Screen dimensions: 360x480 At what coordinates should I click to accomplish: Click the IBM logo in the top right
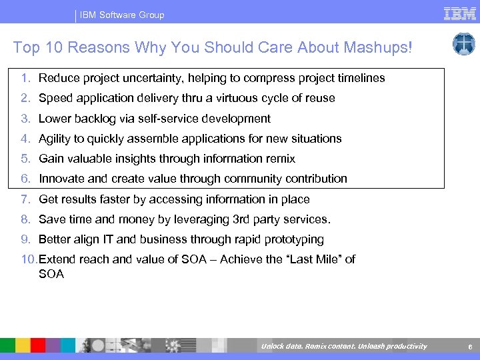(459, 14)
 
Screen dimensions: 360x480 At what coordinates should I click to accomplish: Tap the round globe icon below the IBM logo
(463, 44)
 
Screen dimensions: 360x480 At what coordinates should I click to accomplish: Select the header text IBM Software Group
(122, 15)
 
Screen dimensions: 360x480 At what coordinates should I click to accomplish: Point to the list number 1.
(25, 78)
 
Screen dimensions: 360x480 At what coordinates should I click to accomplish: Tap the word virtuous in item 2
(237, 98)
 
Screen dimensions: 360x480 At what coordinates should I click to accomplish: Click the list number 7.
(25, 199)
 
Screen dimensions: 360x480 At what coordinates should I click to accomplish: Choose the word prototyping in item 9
(293, 239)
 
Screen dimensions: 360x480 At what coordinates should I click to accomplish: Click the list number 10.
(29, 259)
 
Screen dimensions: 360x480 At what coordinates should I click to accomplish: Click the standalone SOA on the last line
(51, 274)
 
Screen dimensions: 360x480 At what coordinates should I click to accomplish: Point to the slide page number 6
(469, 346)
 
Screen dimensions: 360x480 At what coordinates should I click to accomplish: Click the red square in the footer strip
(38, 345)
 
